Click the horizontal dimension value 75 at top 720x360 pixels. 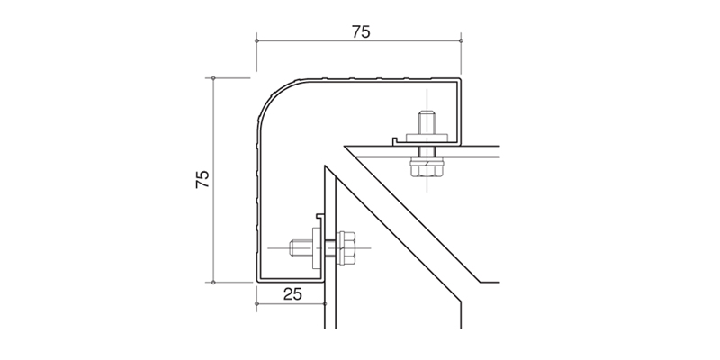point(361,31)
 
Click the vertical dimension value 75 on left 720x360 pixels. point(202,179)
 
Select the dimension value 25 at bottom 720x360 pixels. point(292,294)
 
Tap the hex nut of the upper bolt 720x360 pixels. point(427,166)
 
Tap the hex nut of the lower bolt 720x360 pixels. point(346,247)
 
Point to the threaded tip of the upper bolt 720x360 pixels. point(427,122)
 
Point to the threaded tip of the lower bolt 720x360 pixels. point(301,248)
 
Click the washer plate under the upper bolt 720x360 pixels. point(427,138)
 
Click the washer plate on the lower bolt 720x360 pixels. point(317,248)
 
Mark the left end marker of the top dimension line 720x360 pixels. point(256,40)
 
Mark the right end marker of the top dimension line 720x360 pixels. point(461,40)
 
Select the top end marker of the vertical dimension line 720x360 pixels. point(213,78)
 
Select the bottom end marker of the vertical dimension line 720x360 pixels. point(213,283)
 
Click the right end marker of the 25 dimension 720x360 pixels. point(325,303)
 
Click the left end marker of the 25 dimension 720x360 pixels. point(256,303)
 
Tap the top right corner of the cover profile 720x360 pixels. point(460,79)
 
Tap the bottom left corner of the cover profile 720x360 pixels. point(256,281)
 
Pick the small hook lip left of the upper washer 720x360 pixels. point(395,139)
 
